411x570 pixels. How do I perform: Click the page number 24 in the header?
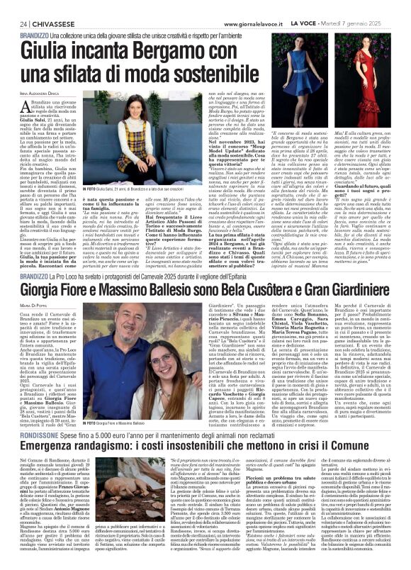[x=13, y=23]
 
